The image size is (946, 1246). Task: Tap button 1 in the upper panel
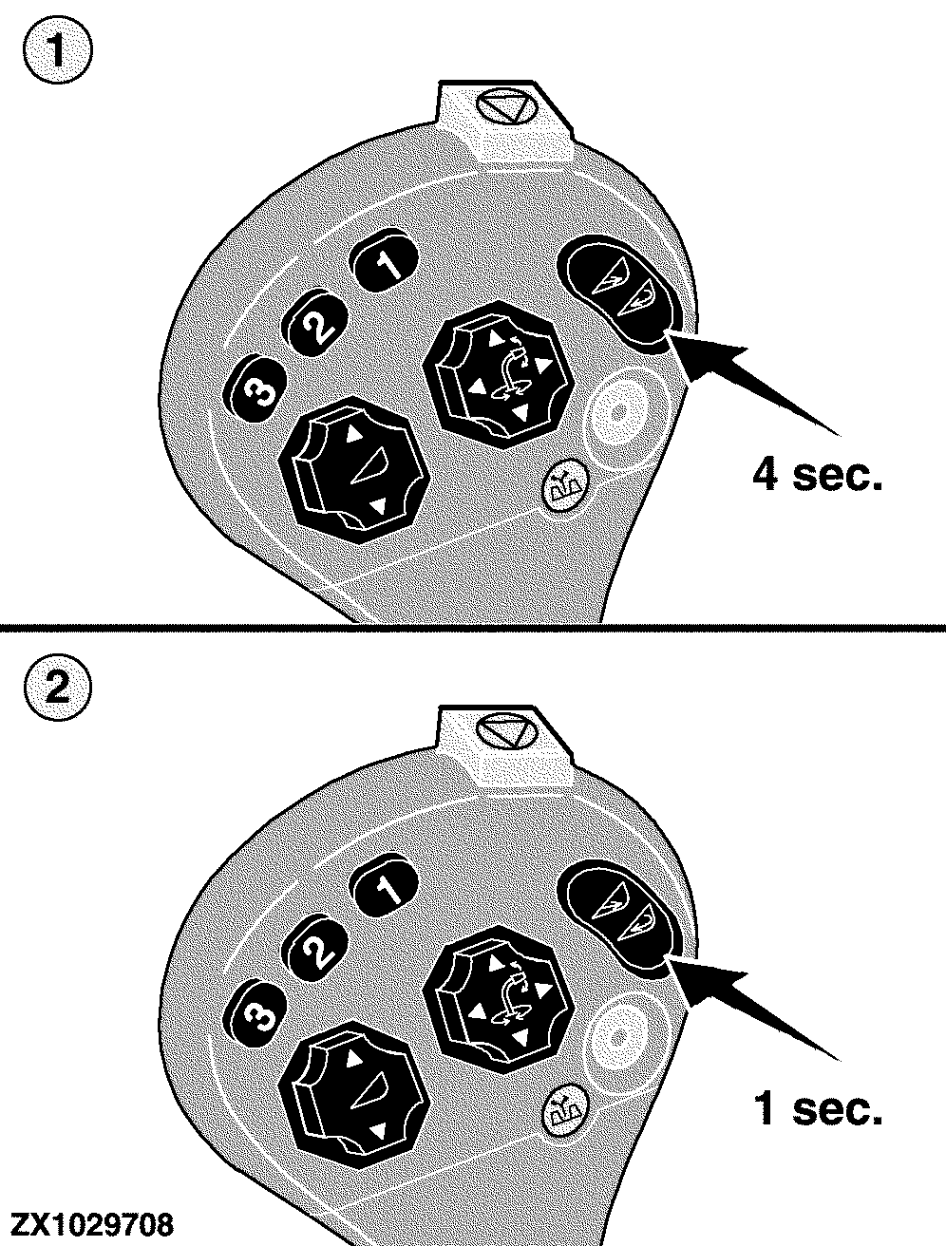(x=384, y=260)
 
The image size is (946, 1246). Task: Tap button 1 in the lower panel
(x=384, y=886)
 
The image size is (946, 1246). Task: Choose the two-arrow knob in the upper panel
(x=353, y=469)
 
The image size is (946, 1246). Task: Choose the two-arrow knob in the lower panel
(x=353, y=1096)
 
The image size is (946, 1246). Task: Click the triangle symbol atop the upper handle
(x=505, y=107)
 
